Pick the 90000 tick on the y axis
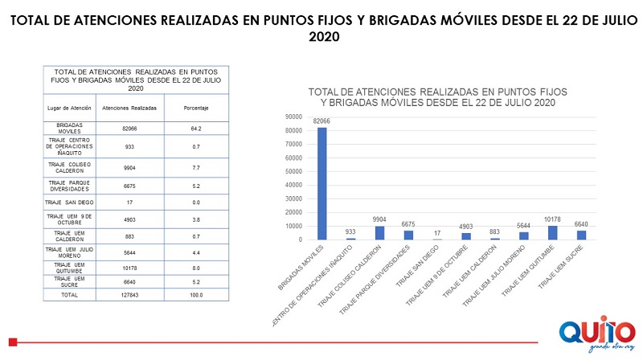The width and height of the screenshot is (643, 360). (x=292, y=117)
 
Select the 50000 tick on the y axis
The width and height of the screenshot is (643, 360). (x=292, y=171)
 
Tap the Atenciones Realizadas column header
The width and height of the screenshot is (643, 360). (x=129, y=107)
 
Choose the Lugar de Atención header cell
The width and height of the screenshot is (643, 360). (x=69, y=107)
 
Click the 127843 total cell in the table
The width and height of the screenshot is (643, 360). (x=129, y=295)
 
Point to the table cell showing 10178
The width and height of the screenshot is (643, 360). (x=129, y=266)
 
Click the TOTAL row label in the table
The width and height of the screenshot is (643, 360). (x=69, y=295)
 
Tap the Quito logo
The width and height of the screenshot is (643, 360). (x=591, y=333)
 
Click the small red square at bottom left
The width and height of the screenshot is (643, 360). (x=12, y=341)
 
